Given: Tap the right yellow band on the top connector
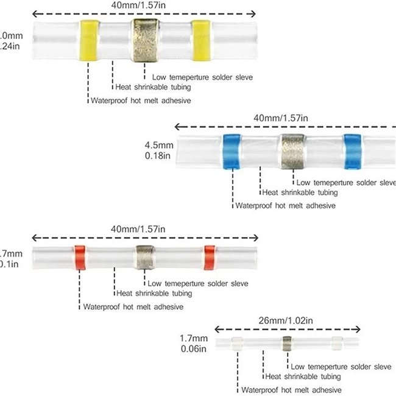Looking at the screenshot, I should coord(200,41).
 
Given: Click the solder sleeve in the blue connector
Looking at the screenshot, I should coord(292,152).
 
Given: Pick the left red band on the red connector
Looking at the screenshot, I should coord(80,258).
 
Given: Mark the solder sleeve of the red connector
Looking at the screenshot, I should coord(145,258).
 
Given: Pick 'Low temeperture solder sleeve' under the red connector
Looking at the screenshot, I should coord(197,283).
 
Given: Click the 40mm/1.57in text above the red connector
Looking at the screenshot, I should coord(138,228).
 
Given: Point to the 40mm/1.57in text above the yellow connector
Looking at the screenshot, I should coord(138,5).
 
